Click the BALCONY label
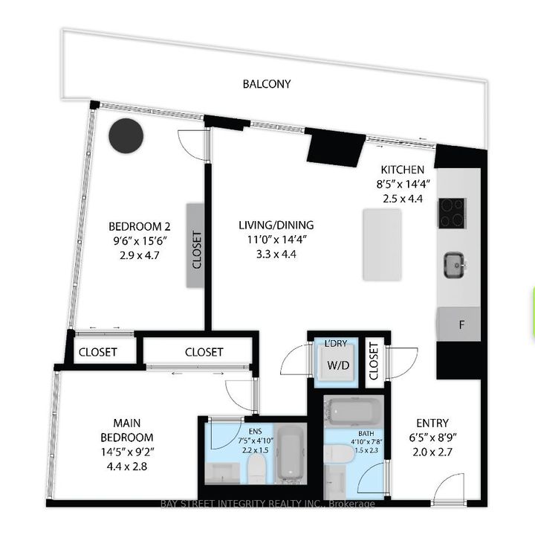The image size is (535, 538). pos(267,84)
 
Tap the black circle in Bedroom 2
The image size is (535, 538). pos(126,136)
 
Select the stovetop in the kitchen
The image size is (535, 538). pos(451,213)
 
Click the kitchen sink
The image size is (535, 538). pos(453,263)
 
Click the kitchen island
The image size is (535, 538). pos(383,244)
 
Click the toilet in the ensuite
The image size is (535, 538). pos(256,467)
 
